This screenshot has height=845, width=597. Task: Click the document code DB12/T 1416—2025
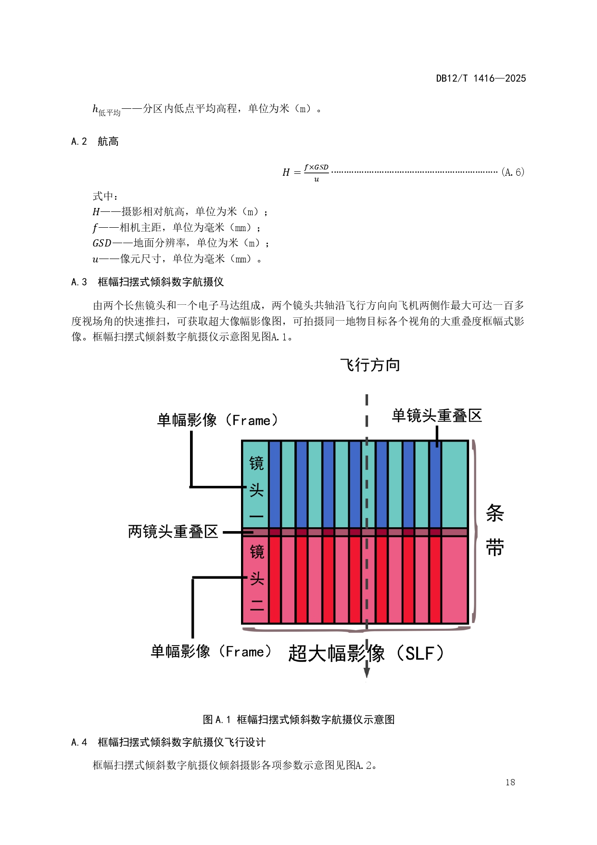click(x=481, y=78)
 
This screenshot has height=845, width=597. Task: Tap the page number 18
click(x=510, y=782)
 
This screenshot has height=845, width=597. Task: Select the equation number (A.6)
click(x=512, y=172)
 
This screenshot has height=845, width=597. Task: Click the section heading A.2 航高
click(x=95, y=142)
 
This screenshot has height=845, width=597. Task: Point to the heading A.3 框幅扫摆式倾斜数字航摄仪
click(x=147, y=282)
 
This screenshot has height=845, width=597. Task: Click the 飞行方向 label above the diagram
click(x=370, y=365)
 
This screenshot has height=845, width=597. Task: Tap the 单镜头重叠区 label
click(x=436, y=416)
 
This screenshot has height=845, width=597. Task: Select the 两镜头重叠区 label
click(x=173, y=532)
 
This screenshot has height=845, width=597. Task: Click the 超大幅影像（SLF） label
click(x=366, y=653)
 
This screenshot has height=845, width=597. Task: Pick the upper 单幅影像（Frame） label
click(x=218, y=420)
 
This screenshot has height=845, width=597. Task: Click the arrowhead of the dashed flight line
click(x=367, y=672)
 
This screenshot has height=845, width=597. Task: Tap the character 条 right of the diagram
click(x=495, y=513)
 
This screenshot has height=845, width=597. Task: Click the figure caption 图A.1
click(x=298, y=719)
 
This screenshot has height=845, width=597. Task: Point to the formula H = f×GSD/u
click(x=305, y=172)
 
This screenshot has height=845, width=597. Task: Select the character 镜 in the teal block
click(x=256, y=463)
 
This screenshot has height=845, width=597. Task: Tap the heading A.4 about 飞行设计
click(x=168, y=742)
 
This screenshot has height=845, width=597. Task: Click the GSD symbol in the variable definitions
click(x=102, y=244)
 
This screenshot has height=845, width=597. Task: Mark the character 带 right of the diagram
click(x=495, y=548)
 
